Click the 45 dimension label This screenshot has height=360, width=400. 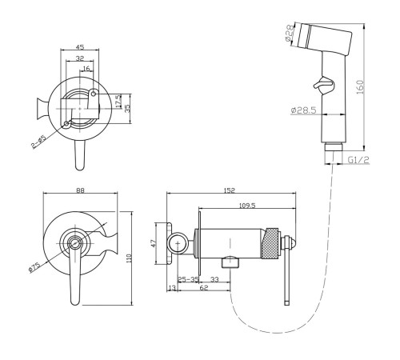pos(80,47)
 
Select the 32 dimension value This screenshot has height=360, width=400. pos(80,58)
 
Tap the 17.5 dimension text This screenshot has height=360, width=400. pos(119,102)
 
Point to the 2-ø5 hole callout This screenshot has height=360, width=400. pos(39,142)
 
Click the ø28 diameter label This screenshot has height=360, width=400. pos(290,33)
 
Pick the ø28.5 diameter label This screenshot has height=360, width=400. pos(303,110)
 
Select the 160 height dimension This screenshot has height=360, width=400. pos(359,86)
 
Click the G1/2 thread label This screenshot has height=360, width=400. pos(358,160)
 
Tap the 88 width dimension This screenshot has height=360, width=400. pos(80,190)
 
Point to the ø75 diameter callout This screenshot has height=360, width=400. pos(34,267)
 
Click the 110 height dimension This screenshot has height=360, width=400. pos(129,258)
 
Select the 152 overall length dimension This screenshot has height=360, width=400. pos(230,190)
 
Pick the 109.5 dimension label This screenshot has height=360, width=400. pos(247,206)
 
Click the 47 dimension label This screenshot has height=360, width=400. pos(154,243)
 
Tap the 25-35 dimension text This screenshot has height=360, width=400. pos(188,279)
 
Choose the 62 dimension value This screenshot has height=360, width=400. pos(203,288)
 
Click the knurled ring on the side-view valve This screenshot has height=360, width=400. pos(270,243)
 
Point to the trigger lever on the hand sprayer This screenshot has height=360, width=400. pos(323,82)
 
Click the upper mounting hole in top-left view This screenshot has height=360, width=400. pos(94,94)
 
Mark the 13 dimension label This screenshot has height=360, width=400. pos(173,288)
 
